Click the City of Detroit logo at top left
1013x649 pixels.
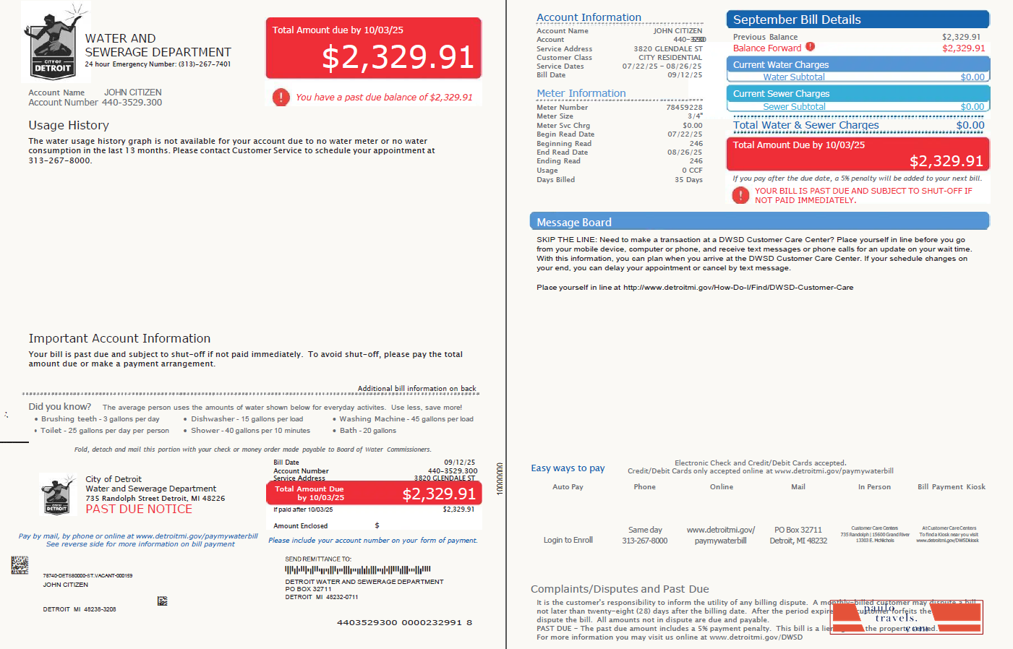54,45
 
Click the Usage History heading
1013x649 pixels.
69,125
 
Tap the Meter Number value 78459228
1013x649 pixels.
684,108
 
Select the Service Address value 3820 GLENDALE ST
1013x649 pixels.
668,49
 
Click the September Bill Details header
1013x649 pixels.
797,20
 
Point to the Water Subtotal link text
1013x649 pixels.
793,77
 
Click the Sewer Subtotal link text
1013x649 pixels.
794,107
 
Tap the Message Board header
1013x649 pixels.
574,223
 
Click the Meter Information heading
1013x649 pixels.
581,93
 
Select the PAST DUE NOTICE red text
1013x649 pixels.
139,509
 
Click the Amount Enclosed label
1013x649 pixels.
301,526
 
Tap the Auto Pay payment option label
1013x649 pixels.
568,487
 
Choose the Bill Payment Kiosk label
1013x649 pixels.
952,487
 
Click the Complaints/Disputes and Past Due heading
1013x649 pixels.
620,589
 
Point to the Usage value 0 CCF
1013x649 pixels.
692,171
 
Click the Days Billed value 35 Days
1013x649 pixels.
688,180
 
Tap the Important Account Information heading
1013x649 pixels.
119,338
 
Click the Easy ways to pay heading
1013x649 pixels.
568,468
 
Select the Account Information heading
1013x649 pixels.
589,17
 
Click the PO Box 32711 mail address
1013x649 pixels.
798,530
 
